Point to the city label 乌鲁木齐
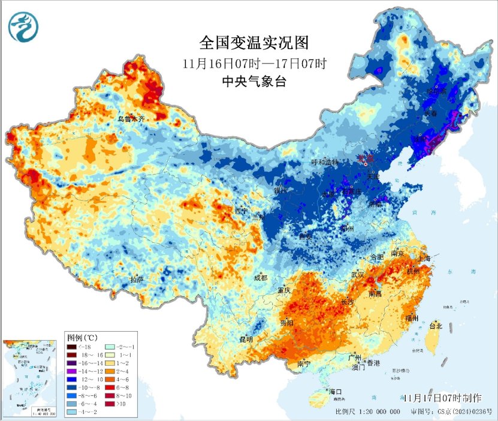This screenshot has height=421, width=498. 131,119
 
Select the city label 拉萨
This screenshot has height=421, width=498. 137,279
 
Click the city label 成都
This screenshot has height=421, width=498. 260,278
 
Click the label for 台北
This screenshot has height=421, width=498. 436,326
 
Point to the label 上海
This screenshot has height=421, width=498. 426,257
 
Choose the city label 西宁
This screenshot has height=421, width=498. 241,211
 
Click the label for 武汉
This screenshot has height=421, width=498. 358,274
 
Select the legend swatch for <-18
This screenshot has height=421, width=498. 71,347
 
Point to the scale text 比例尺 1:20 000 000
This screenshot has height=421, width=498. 368,412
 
